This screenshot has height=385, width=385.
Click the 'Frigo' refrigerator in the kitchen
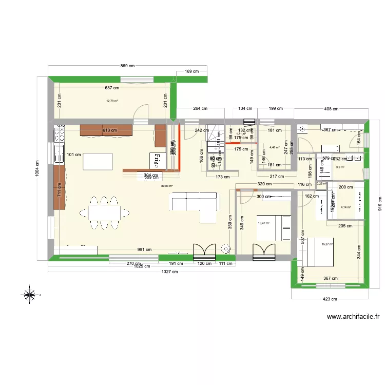pos(155,160)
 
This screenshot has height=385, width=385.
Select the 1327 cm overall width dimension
pos(164,272)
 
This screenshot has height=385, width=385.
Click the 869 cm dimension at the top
pos(127,66)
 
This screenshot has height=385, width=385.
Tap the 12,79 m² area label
pos(112,101)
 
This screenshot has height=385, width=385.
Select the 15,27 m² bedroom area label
pos(327,244)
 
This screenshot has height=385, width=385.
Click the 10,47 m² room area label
pos(263,223)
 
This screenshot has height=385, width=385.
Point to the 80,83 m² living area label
pos(167,186)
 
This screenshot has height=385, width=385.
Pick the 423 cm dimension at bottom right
pos(330,299)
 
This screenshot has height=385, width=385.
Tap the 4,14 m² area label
pos(346,207)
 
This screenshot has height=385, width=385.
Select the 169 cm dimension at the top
pos(192,72)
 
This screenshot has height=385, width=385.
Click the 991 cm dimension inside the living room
pos(144,250)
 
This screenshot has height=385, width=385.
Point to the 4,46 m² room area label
pos(274,147)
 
